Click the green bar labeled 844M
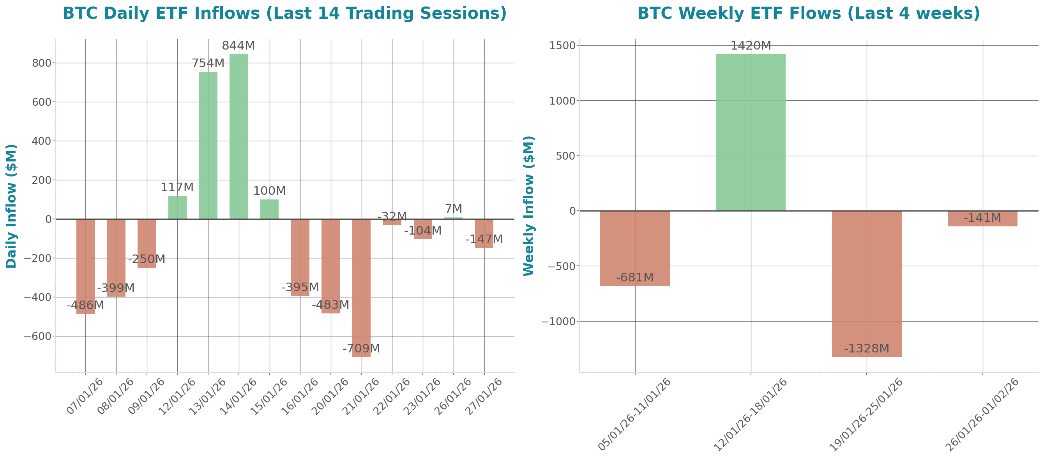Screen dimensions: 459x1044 coord(238,136)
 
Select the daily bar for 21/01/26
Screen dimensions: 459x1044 coord(361,288)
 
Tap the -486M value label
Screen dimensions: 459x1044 coord(85,305)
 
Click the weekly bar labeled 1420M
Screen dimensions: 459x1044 coord(751,132)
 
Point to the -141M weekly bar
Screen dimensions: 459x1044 coord(982,219)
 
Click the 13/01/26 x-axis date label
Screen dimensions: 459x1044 coord(207,397)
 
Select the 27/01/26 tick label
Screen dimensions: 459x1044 coord(484,397)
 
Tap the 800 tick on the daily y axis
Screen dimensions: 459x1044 coord(42,63)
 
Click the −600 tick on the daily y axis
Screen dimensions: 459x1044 coord(38,336)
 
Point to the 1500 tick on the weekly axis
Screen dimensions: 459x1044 coord(562,45)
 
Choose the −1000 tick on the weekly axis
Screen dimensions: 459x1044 coord(558,322)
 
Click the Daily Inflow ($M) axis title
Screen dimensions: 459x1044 coord(11,206)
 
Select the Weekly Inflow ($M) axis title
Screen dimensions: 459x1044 coord(529,206)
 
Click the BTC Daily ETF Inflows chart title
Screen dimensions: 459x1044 coord(284,13)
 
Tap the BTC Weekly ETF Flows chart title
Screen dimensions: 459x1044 coord(808,13)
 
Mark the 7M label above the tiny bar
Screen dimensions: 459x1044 coord(453,208)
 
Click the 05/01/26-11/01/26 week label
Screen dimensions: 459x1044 coord(635,415)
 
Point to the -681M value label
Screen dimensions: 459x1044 coord(635,278)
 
